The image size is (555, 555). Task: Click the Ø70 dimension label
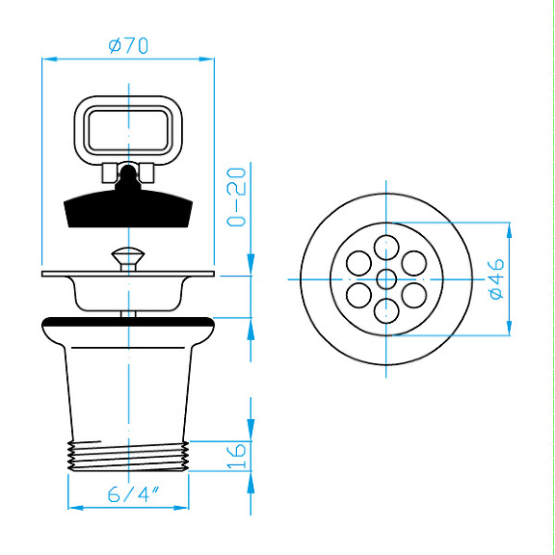click(127, 44)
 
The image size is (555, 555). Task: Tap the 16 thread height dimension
click(238, 452)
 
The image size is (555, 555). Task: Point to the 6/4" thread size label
click(132, 495)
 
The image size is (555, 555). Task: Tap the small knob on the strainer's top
click(127, 257)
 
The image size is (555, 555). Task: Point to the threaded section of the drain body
click(127, 454)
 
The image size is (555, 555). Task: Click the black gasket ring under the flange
click(127, 321)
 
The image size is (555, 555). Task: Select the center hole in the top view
click(386, 279)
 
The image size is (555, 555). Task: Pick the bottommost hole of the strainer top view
click(386, 310)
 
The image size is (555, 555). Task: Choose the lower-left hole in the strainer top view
click(358, 295)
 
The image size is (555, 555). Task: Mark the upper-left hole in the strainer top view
click(358, 262)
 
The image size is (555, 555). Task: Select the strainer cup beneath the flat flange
click(127, 294)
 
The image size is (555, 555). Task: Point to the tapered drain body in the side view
click(127, 385)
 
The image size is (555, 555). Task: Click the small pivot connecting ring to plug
click(127, 175)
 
